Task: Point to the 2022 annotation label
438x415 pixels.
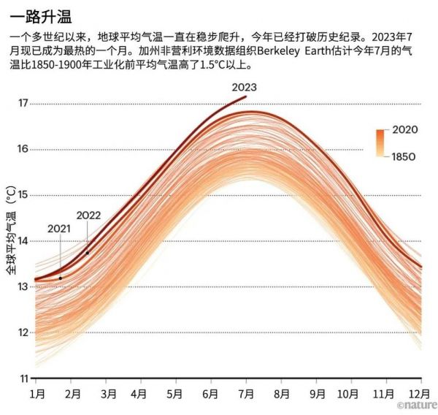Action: (x=88, y=215)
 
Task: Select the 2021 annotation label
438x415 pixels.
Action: (x=59, y=228)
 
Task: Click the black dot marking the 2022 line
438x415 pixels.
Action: (x=88, y=253)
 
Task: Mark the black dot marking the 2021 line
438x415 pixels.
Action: (x=61, y=278)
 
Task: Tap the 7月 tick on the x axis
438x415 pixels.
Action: (x=247, y=394)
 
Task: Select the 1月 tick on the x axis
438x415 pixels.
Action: (x=37, y=394)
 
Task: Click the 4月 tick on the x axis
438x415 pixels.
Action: (x=141, y=394)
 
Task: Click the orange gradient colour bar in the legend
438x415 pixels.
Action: (x=381, y=142)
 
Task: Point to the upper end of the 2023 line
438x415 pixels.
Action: (x=246, y=96)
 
